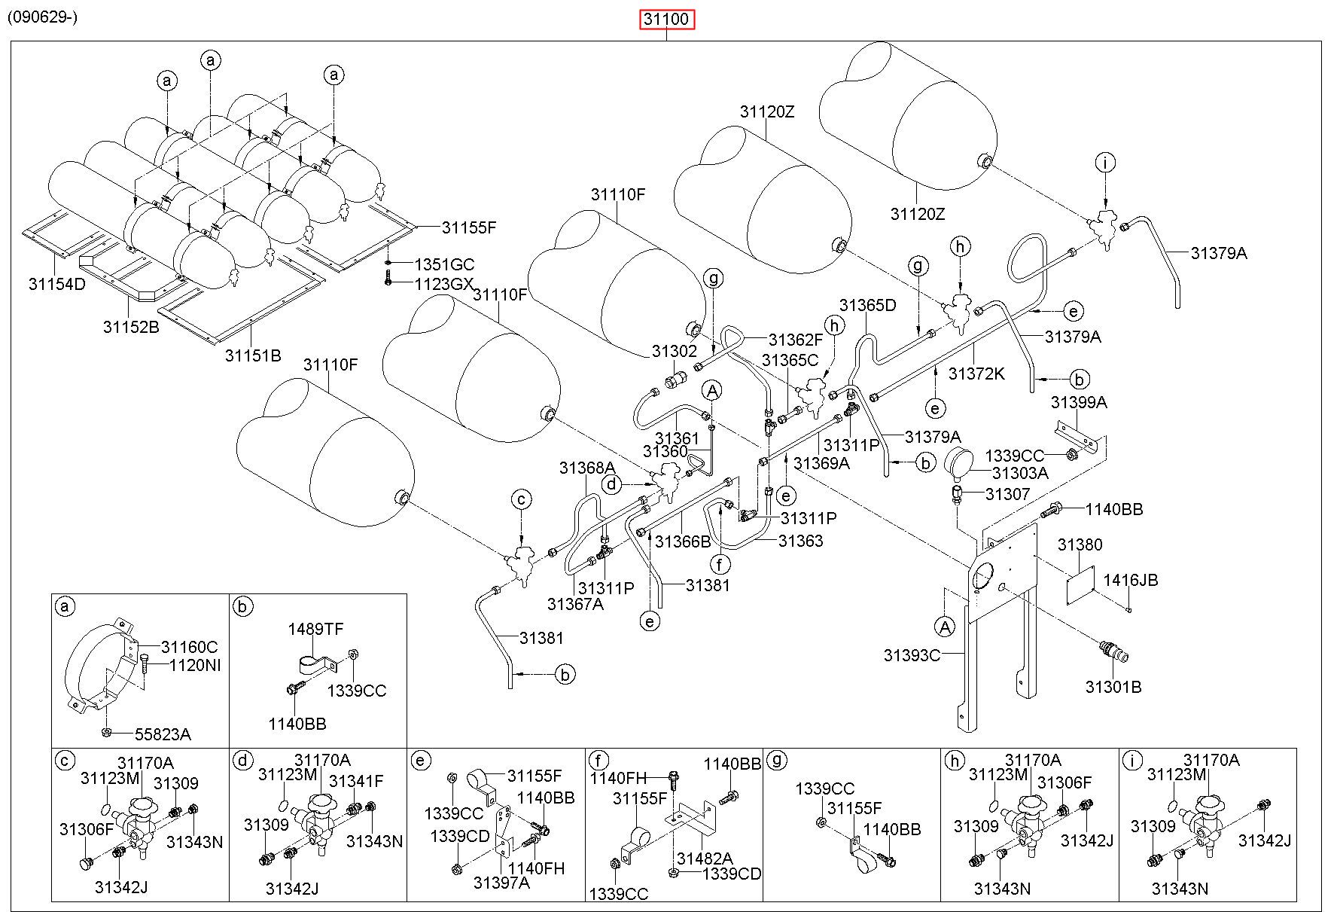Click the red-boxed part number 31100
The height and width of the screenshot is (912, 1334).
pyautogui.click(x=666, y=19)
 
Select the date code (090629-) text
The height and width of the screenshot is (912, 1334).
pyautogui.click(x=43, y=17)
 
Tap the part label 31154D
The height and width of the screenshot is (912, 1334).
pyautogui.click(x=57, y=284)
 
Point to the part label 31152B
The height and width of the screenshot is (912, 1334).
pyautogui.click(x=131, y=327)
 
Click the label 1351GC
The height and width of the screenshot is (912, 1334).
pyautogui.click(x=445, y=264)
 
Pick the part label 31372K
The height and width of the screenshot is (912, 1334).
pyautogui.click(x=976, y=374)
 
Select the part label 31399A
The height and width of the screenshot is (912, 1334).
pyautogui.click(x=1079, y=402)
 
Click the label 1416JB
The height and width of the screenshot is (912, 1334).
pyautogui.click(x=1131, y=580)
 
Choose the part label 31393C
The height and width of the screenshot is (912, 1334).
pyautogui.click(x=912, y=655)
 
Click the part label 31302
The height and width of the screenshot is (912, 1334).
pyautogui.click(x=675, y=351)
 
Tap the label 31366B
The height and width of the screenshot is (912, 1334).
pyautogui.click(x=683, y=541)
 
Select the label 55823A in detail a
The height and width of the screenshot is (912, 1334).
pyautogui.click(x=163, y=734)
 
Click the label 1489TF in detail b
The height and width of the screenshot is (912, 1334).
pyautogui.click(x=316, y=629)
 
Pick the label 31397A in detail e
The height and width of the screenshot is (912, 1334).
pyautogui.click(x=501, y=882)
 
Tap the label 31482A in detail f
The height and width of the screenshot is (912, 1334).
pyautogui.click(x=704, y=859)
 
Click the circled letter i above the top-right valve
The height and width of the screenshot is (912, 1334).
pyautogui.click(x=1105, y=163)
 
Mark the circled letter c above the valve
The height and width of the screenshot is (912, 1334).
pyautogui.click(x=522, y=499)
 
